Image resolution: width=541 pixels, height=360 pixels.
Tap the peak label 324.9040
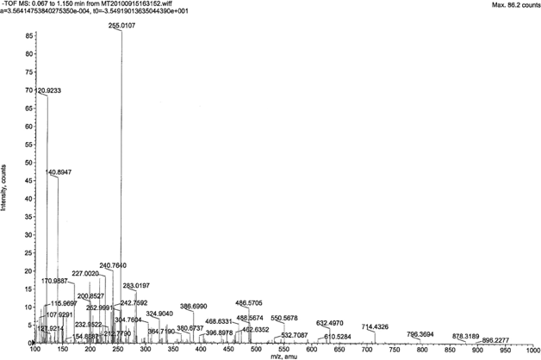click(160, 313)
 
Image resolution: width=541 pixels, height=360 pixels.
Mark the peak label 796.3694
click(420, 334)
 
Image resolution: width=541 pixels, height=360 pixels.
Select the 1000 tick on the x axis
click(527, 351)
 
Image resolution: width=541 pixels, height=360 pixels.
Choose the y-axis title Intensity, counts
click(5, 189)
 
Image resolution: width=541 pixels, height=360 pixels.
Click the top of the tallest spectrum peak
click(121, 32)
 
